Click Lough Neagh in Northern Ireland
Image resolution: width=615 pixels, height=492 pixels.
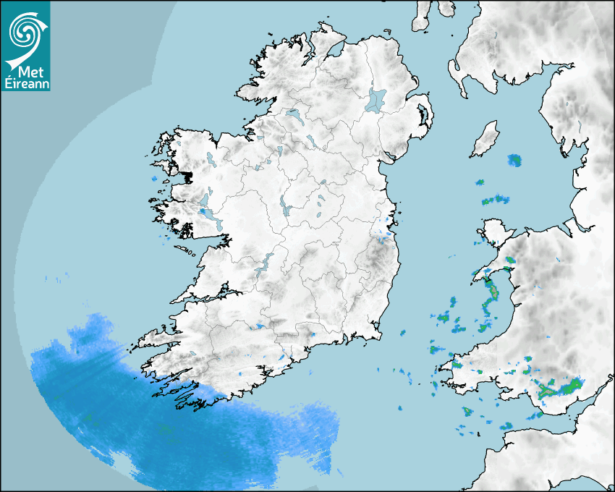click(376, 99)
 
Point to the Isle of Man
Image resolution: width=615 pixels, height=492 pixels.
click(485, 139)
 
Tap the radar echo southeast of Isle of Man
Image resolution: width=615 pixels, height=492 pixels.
click(514, 160)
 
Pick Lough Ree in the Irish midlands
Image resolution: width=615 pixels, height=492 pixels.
click(286, 206)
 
